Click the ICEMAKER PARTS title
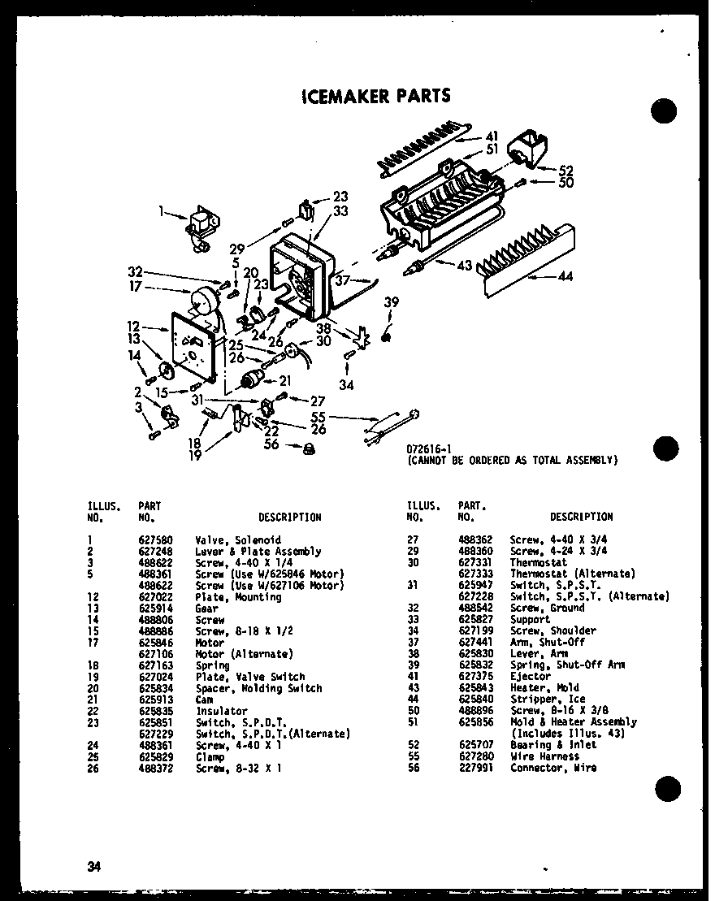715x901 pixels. pos(375,95)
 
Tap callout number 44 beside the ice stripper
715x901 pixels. pos(565,277)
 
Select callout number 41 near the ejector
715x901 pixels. pos(492,136)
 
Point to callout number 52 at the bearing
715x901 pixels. pos(565,171)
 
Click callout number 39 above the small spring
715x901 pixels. pos(392,302)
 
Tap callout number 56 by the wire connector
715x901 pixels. pos(271,444)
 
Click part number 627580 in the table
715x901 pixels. pos(154,539)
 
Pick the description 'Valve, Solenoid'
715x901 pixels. pos(238,539)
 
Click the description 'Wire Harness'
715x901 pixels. pos(544,756)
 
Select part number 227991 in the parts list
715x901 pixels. pos(474,768)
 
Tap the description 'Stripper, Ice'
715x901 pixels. pos(547,699)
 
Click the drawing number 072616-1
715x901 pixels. pos(428,448)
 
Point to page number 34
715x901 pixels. pos(94,866)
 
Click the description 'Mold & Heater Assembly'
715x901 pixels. pos(573,721)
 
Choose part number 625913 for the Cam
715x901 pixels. pos(154,700)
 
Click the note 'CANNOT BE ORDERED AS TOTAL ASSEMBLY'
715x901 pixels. pos(512,460)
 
